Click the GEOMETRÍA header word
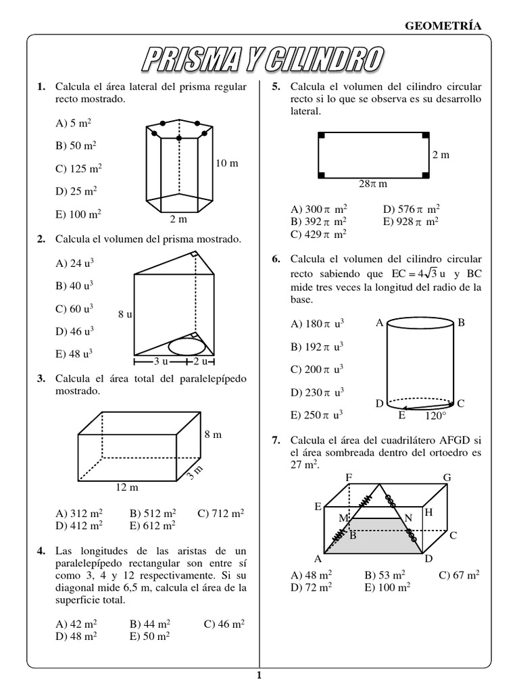[x=443, y=26]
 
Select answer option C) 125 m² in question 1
[x=79, y=169]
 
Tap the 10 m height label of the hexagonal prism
[x=227, y=164]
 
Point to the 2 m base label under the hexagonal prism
[x=178, y=220]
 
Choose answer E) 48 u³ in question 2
[x=74, y=353]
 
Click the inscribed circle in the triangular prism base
[x=187, y=346]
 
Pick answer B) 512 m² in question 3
[x=152, y=513]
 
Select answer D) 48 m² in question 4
[x=79, y=635]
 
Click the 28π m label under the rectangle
[x=372, y=183]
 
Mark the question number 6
[x=276, y=259]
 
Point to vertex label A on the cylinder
[x=380, y=324]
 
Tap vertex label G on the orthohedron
[x=447, y=478]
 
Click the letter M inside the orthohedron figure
[x=343, y=518]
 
